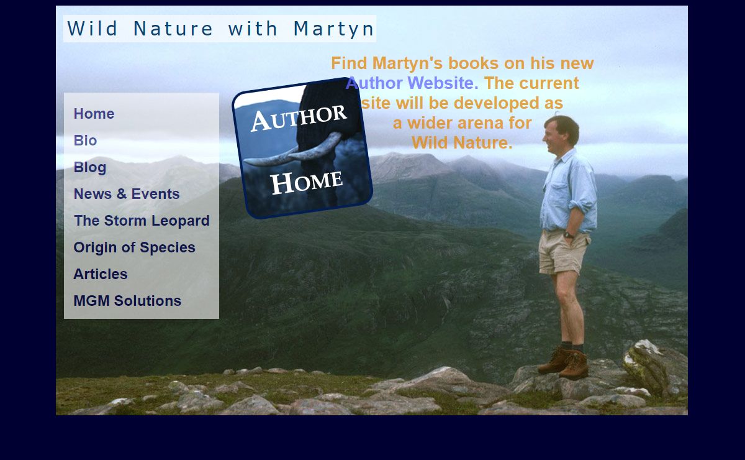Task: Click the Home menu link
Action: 94,114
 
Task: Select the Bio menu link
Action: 85,140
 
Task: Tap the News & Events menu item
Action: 127,194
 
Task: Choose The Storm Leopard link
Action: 142,221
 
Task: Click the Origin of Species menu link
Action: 134,247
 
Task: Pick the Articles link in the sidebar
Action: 101,274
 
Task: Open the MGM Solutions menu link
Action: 127,301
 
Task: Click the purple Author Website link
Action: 412,83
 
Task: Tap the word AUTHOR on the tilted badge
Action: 299,118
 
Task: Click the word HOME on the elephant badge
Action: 307,183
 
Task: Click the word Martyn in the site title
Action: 334,29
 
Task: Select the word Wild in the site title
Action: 93,29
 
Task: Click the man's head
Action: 561,134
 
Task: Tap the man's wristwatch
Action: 569,235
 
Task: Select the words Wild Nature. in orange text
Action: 462,143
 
